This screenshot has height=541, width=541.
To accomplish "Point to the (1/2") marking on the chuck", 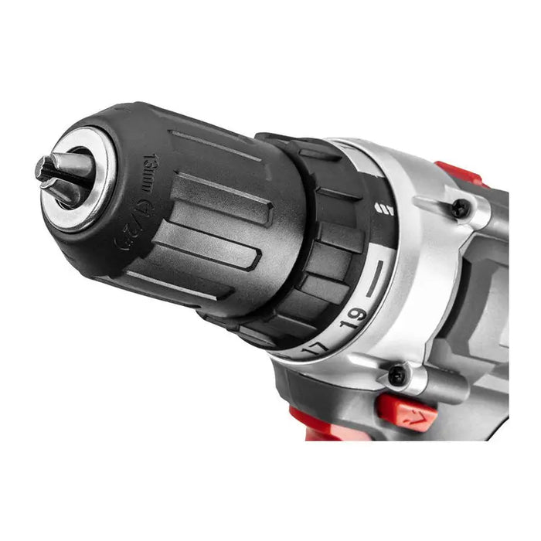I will (132, 226).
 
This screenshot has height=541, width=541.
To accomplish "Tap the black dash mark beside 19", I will (376, 278).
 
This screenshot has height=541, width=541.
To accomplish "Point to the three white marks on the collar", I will (383, 208).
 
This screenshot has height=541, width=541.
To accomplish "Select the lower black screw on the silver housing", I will (397, 376).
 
